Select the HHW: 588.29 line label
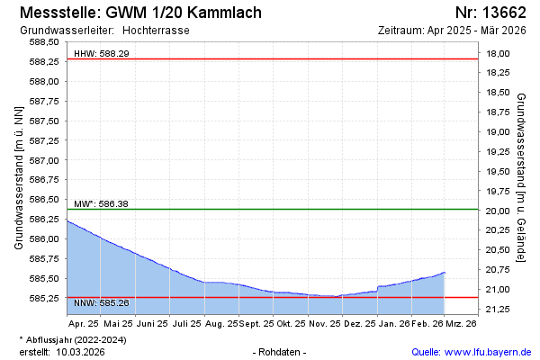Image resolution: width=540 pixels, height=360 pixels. click(101, 54)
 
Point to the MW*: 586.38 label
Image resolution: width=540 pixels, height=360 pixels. click(101, 204)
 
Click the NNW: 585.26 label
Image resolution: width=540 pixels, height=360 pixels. click(101, 302)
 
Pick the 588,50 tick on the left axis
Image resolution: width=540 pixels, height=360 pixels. click(45, 42)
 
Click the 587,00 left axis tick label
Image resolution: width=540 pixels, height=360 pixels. click(45, 160)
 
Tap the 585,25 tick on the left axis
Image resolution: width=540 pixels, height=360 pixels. click(45, 298)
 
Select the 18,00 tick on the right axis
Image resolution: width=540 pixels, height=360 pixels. click(498, 54)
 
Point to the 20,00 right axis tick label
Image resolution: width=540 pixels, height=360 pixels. click(498, 211)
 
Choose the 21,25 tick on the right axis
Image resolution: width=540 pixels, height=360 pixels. click(498, 310)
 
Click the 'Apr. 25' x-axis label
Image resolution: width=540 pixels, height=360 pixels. click(84, 322)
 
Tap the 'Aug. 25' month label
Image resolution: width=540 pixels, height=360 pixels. click(222, 322)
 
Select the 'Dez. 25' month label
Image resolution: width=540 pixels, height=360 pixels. click(359, 322)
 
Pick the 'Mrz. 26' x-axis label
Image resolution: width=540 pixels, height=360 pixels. click(462, 322)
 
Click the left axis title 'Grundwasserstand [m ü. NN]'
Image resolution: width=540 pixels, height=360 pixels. click(18, 176)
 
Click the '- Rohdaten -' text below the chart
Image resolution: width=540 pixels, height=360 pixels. click(281, 352)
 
